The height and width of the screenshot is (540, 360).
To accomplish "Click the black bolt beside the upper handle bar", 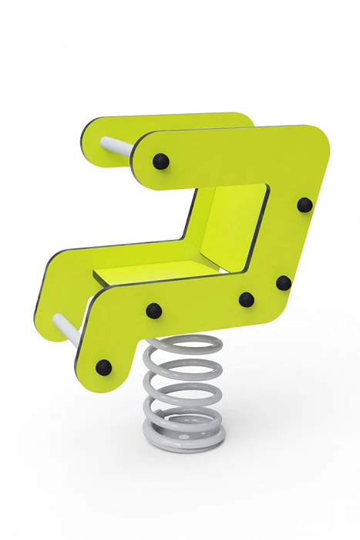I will coord(160,161).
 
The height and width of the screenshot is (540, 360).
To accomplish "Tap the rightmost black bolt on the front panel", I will coord(304,204).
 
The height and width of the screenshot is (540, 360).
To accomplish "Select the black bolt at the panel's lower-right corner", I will coord(284,282).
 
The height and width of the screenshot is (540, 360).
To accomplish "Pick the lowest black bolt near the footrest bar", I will coord(103,366).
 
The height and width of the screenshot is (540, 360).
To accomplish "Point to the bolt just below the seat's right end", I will coord(247,299).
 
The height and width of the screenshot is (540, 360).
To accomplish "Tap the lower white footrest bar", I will coord(69,326).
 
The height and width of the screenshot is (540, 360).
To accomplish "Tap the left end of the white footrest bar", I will coord(57,319).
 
